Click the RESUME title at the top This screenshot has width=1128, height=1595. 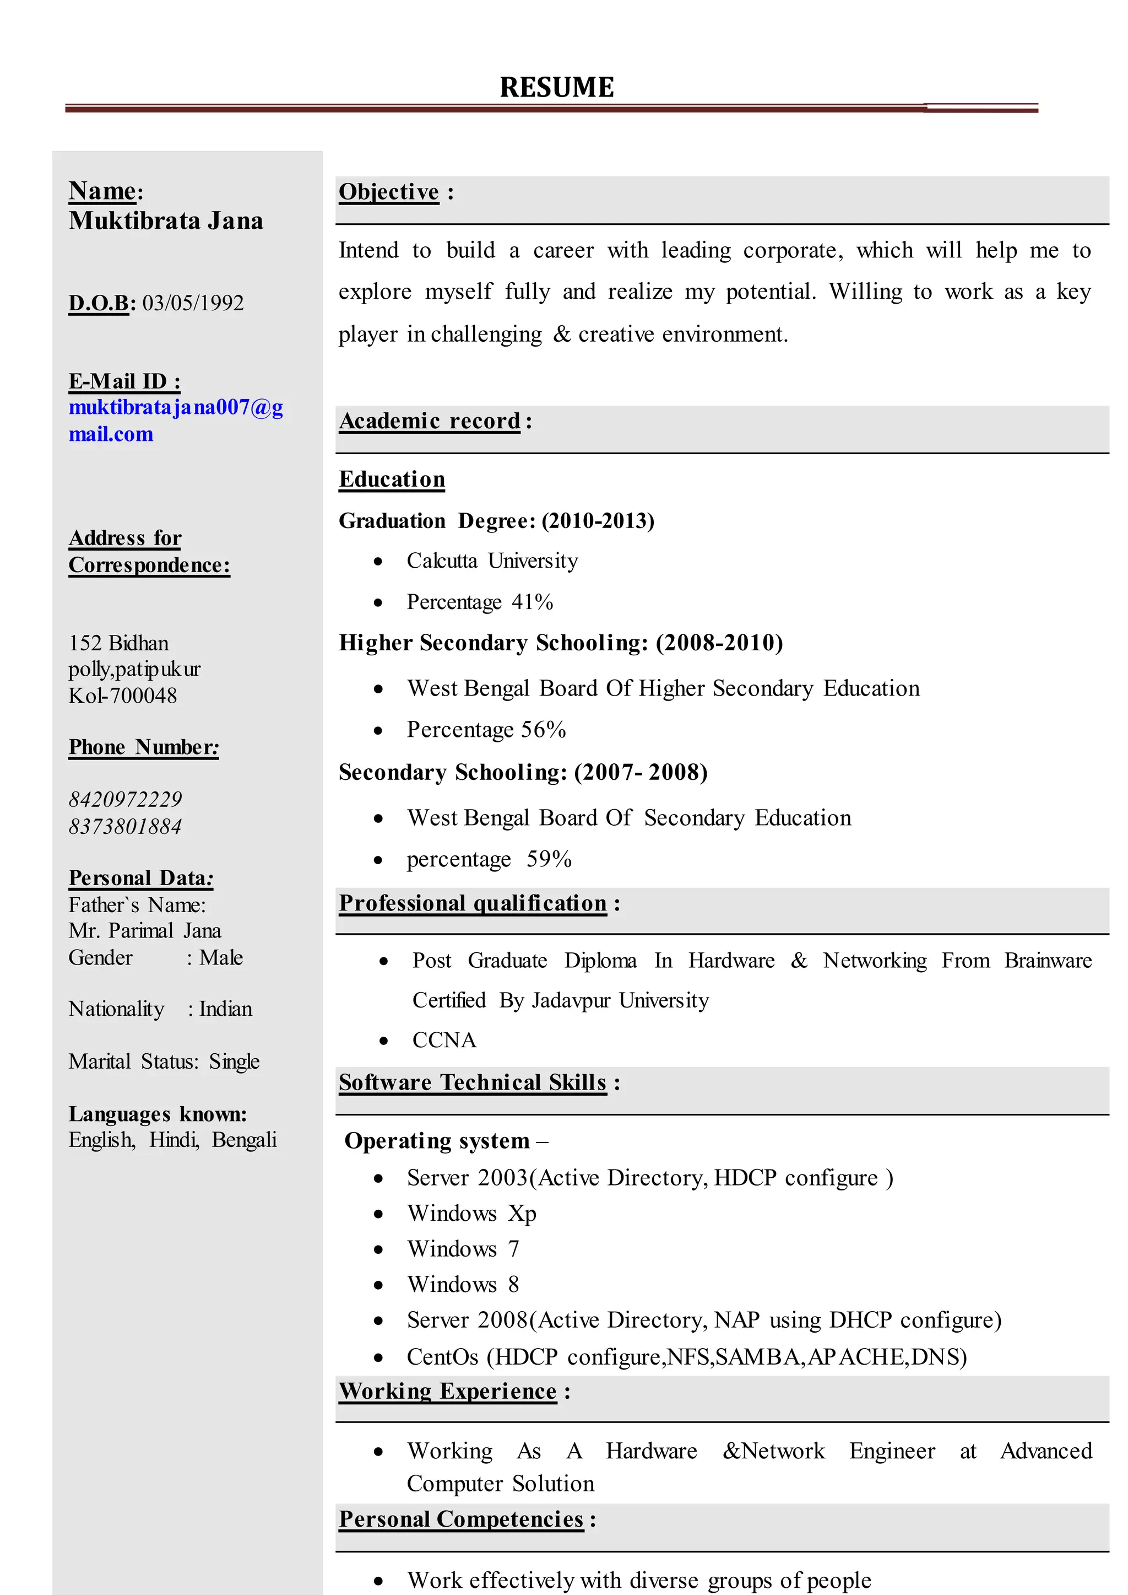(x=556, y=88)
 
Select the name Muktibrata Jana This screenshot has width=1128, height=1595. (x=166, y=221)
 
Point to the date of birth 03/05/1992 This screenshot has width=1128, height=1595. (x=193, y=303)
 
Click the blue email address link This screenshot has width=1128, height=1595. (x=175, y=420)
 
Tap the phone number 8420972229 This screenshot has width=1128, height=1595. (x=125, y=799)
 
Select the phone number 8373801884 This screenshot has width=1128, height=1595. (x=125, y=826)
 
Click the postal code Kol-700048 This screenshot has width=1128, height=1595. (x=122, y=696)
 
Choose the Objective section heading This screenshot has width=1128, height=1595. (x=389, y=192)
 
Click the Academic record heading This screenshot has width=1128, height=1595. (x=429, y=421)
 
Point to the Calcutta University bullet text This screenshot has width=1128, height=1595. (x=492, y=561)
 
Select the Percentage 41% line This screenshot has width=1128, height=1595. (x=479, y=602)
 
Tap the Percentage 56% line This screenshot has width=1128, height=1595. (x=486, y=730)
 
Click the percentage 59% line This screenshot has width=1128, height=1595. (x=489, y=860)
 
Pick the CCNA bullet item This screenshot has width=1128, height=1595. (x=444, y=1041)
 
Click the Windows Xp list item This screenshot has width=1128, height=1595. (x=471, y=1214)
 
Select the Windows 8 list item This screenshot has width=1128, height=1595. (x=463, y=1284)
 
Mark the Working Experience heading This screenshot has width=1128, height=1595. (x=448, y=1392)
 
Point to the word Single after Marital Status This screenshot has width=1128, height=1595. (x=234, y=1062)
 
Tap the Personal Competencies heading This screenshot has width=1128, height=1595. (x=461, y=1519)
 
